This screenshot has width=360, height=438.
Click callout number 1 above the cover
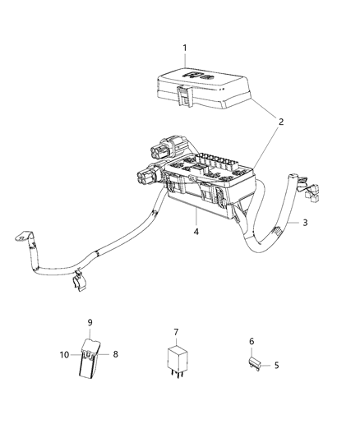184,48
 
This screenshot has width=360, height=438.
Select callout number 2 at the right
280,122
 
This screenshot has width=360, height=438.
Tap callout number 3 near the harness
305,222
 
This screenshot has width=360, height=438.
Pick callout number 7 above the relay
175,332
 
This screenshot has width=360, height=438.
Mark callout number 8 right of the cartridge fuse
114,355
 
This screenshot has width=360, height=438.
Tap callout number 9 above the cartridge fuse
90,322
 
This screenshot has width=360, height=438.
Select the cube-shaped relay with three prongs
175,359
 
